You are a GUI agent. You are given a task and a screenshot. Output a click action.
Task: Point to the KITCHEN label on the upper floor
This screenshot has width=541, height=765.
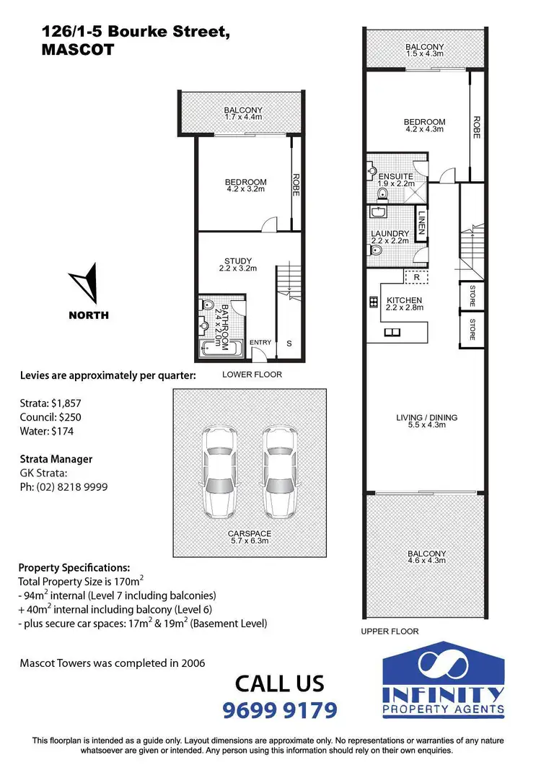404,301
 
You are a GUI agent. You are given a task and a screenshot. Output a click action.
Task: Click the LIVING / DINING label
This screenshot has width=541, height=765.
426,417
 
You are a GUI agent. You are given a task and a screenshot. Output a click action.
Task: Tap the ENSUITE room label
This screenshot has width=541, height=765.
395,177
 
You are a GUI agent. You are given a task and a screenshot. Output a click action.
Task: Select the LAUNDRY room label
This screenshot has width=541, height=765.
390,234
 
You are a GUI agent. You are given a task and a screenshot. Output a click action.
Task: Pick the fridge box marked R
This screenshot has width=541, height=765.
415,276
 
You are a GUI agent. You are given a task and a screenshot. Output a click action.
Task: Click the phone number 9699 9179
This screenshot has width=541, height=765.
281,711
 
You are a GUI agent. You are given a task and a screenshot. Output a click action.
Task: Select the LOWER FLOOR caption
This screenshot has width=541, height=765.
252,375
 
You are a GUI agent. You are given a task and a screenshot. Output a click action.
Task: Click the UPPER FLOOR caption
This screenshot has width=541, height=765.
390,631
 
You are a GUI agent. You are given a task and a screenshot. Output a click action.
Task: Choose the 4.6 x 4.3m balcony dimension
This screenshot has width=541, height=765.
426,563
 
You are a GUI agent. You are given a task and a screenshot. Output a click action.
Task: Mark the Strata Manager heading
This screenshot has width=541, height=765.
56,459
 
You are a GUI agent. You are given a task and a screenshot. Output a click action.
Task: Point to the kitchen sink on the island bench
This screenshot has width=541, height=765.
393,332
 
